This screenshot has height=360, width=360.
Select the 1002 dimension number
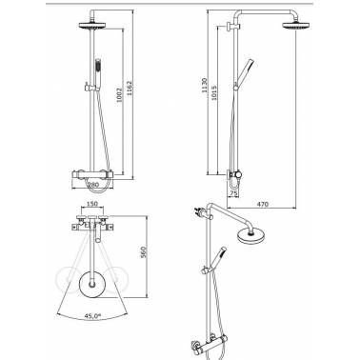coord(120,94)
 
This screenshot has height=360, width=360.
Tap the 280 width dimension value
coord(93,184)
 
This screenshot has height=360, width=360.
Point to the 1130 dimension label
coord(205,85)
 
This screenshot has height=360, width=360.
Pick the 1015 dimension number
coord(214,93)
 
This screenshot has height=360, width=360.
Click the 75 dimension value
coord(233,192)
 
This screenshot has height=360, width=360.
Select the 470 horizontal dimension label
coord(262,204)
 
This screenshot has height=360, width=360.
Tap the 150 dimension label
coord(92,204)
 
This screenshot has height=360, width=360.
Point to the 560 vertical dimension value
coord(143,252)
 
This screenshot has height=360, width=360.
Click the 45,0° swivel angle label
coord(93,316)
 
